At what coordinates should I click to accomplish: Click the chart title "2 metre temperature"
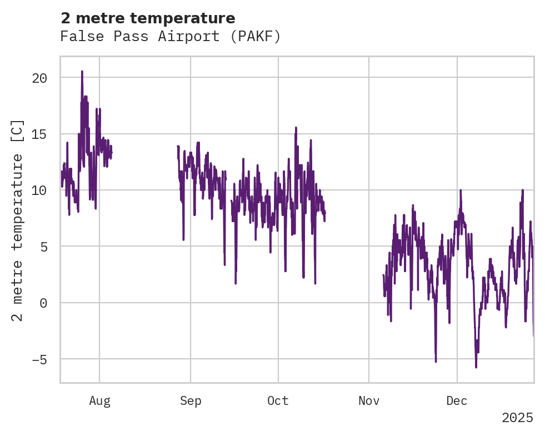(x=148, y=18)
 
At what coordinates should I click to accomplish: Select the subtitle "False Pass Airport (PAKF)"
(x=171, y=37)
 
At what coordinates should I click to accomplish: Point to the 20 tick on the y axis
(x=39, y=78)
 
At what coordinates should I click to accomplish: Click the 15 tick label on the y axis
(x=39, y=134)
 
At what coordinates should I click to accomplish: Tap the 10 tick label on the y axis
(x=39, y=191)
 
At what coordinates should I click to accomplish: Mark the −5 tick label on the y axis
(x=39, y=359)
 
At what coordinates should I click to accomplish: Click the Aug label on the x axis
(x=99, y=401)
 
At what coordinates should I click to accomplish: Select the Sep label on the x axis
(x=191, y=401)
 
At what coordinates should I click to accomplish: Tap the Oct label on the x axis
(x=278, y=401)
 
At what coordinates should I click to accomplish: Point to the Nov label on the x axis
(x=369, y=401)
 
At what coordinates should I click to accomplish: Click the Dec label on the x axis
(x=457, y=401)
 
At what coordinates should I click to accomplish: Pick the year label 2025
(x=517, y=418)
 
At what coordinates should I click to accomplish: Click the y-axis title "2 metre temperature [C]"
(x=18, y=220)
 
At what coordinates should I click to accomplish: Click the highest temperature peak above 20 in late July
(x=82, y=72)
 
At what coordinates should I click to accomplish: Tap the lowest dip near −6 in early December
(x=476, y=367)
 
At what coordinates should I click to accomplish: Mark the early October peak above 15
(x=296, y=128)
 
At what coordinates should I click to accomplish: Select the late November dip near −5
(x=436, y=361)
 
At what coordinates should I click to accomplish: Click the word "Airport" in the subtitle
(x=181, y=37)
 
